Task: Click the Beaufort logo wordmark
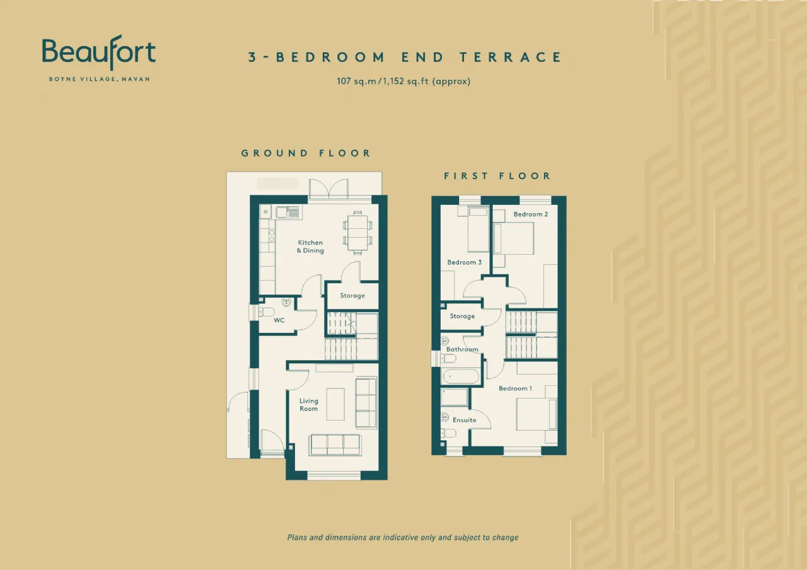click(x=99, y=52)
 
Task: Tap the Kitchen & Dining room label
click(x=310, y=247)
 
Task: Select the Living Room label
click(x=309, y=405)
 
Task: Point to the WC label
click(x=279, y=320)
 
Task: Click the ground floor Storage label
click(x=352, y=296)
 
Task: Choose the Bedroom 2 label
click(x=531, y=214)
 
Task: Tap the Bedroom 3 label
click(x=465, y=262)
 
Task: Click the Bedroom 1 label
click(x=515, y=388)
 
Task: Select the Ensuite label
click(x=465, y=420)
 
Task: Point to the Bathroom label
click(x=462, y=349)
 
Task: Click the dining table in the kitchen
click(x=357, y=233)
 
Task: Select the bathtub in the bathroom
click(x=461, y=376)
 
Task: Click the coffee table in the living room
click(x=335, y=404)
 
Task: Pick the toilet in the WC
click(x=267, y=312)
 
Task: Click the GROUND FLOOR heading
click(x=306, y=153)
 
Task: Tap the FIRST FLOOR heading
click(x=497, y=176)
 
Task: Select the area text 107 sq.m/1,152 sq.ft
click(x=403, y=81)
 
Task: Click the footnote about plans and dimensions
click(x=403, y=537)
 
